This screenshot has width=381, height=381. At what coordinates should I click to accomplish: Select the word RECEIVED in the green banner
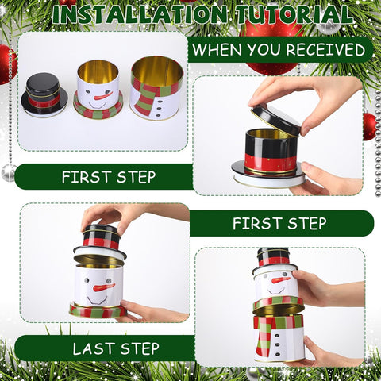click(325, 50)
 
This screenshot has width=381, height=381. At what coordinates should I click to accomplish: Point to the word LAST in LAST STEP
click(93, 348)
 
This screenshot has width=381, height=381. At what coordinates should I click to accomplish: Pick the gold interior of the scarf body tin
click(156, 69)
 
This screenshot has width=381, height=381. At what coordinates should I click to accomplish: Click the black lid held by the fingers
click(275, 118)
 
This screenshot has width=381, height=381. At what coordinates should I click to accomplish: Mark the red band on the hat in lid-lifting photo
click(270, 163)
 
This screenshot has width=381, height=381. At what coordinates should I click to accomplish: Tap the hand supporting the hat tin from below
click(325, 181)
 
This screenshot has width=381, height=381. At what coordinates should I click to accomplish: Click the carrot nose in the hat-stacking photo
click(103, 287)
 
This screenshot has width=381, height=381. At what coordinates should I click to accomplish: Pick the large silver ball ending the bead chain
click(9, 171)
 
